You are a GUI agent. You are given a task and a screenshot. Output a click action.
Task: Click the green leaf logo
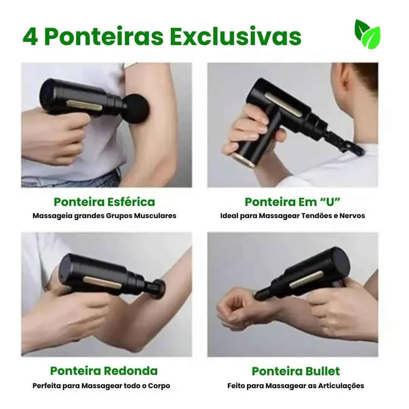pyautogui.click(x=367, y=34)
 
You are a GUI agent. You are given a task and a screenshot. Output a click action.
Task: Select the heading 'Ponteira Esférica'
pyautogui.click(x=104, y=202)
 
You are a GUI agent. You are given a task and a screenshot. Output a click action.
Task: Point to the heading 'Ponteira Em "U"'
pyautogui.click(x=293, y=202)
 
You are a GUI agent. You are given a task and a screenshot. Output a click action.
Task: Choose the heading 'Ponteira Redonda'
pyautogui.click(x=104, y=371)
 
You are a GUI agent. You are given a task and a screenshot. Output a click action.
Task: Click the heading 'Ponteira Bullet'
pyautogui.click(x=296, y=371)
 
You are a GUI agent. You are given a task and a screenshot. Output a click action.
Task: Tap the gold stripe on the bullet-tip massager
pyautogui.click(x=306, y=279)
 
